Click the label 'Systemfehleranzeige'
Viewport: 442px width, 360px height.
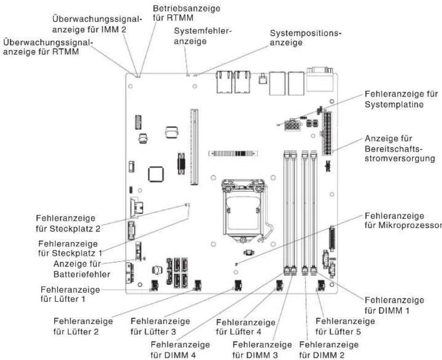coord(202,36)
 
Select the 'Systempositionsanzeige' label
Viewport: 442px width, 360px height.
coord(306,38)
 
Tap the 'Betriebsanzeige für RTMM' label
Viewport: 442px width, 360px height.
coord(186,13)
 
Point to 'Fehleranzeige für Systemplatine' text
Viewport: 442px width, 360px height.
coord(401,99)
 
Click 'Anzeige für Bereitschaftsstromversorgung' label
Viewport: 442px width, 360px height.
coord(400,148)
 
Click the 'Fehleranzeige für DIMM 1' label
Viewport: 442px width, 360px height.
coord(395,305)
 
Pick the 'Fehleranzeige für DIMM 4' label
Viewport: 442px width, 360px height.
coord(180,349)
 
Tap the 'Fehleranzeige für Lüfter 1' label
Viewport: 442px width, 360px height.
coord(70,294)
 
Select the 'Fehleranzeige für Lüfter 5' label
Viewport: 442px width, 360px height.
coord(345,326)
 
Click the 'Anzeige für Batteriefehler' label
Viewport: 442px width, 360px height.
coord(82,269)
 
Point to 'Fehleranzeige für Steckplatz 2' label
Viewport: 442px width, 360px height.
coord(68,223)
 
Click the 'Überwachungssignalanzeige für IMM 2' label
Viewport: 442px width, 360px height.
coord(96,24)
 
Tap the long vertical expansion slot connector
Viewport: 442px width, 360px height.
coord(194,147)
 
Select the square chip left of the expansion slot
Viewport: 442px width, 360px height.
coord(156,174)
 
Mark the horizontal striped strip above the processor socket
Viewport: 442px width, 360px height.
coord(233,153)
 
